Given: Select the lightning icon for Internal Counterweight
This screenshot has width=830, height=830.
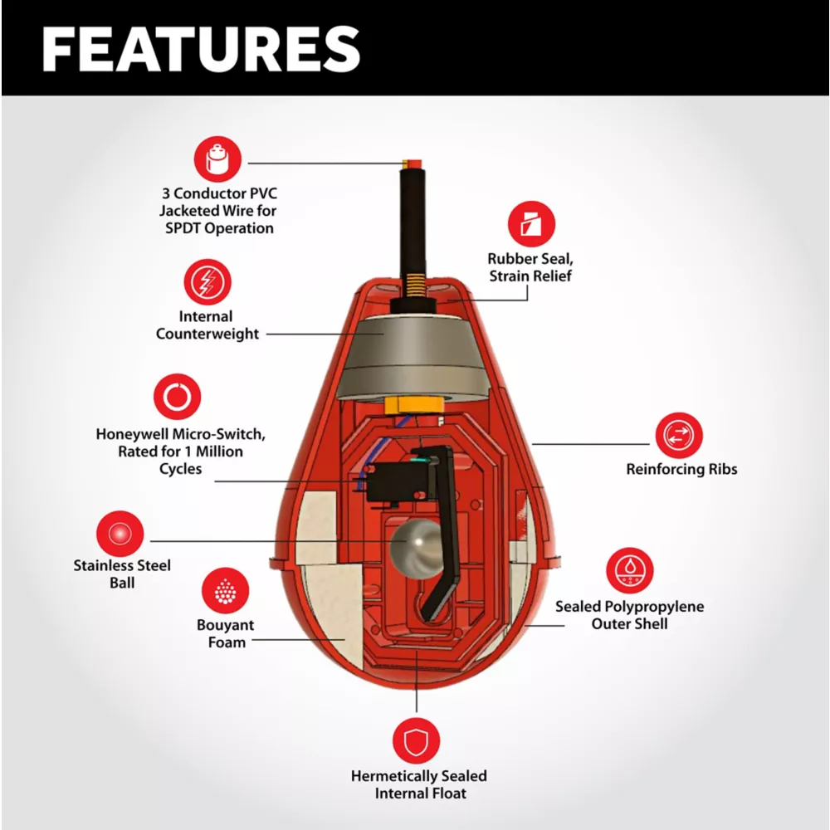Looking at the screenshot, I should click(207, 282).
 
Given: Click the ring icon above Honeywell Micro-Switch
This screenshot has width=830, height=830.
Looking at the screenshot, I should click(177, 398).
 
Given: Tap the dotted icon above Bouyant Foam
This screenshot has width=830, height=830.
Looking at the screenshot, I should click(225, 591).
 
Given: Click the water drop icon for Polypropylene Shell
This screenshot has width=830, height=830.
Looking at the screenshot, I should click(630, 571).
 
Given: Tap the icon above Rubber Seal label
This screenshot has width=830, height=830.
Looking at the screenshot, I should click(531, 224).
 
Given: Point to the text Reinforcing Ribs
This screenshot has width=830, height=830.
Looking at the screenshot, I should click(681, 470).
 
